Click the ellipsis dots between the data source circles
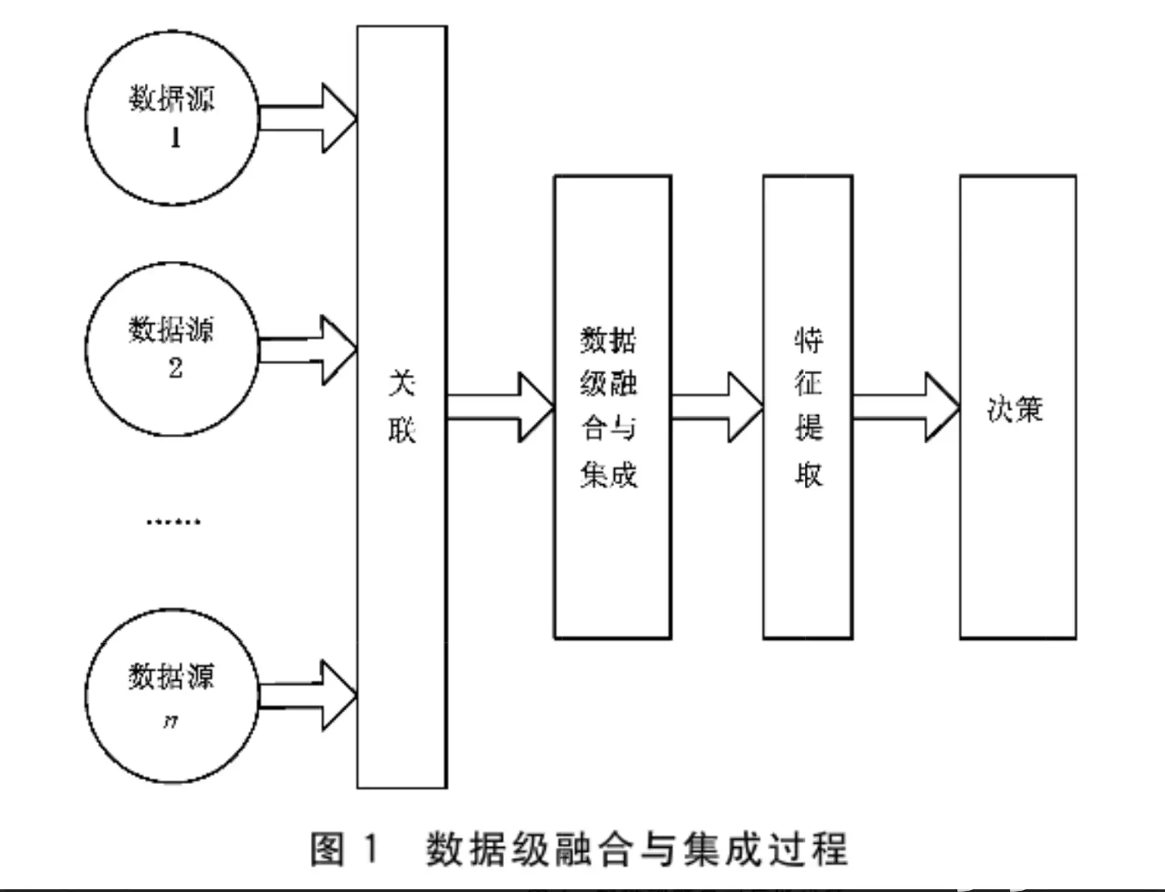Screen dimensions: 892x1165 click(x=173, y=522)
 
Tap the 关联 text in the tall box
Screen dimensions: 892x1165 click(x=402, y=406)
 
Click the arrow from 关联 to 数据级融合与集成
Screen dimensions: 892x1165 click(x=500, y=407)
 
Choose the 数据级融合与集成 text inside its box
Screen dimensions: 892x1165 click(x=609, y=407)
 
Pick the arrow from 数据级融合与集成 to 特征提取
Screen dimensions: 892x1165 click(x=717, y=407)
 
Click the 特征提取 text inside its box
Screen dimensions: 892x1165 click(x=808, y=407)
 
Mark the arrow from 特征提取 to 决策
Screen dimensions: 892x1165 click(x=906, y=407)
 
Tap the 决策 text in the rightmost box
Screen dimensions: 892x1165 click(x=1015, y=409)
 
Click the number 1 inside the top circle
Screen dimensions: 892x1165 click(x=175, y=138)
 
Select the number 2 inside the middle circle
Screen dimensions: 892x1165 click(x=175, y=368)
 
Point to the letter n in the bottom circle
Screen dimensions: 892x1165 click(x=170, y=722)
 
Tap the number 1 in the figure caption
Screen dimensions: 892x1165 click(x=371, y=849)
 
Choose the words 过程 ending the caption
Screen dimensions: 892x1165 click(x=808, y=849)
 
